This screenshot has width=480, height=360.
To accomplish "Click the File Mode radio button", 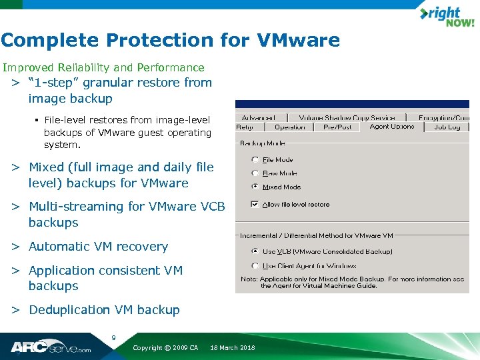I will pos(255,160).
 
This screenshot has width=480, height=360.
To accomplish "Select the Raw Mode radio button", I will pos(255,173).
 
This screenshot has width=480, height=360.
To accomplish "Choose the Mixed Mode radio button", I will pos(255,187).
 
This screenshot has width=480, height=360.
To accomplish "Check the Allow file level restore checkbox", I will pos(255,205).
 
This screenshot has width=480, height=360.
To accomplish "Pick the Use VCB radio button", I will pos(255,252).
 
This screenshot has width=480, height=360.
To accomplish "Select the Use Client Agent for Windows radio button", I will pos(255,266).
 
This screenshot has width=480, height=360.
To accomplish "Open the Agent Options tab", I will pos(392,127).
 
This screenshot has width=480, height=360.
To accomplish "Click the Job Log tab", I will pos(447,127).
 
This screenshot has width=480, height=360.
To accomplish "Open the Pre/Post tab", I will pos(337,127).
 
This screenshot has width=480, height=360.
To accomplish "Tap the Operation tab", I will pos(289,127).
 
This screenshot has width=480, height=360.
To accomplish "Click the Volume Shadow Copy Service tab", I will pos(347,118).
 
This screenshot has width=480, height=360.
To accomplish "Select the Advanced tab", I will pos(259,118).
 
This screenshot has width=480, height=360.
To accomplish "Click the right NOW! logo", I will pos(446,17).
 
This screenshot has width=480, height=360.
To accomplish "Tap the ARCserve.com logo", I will pos(50,347).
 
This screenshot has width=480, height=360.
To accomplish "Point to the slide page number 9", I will pos(113,338).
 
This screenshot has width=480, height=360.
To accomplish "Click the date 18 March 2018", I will pos(232,348).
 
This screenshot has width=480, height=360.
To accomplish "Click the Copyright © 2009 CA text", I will pos(165,348).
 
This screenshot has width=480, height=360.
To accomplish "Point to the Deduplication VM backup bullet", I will pos(104,310).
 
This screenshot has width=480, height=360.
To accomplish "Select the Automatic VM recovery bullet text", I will pos(98,247).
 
